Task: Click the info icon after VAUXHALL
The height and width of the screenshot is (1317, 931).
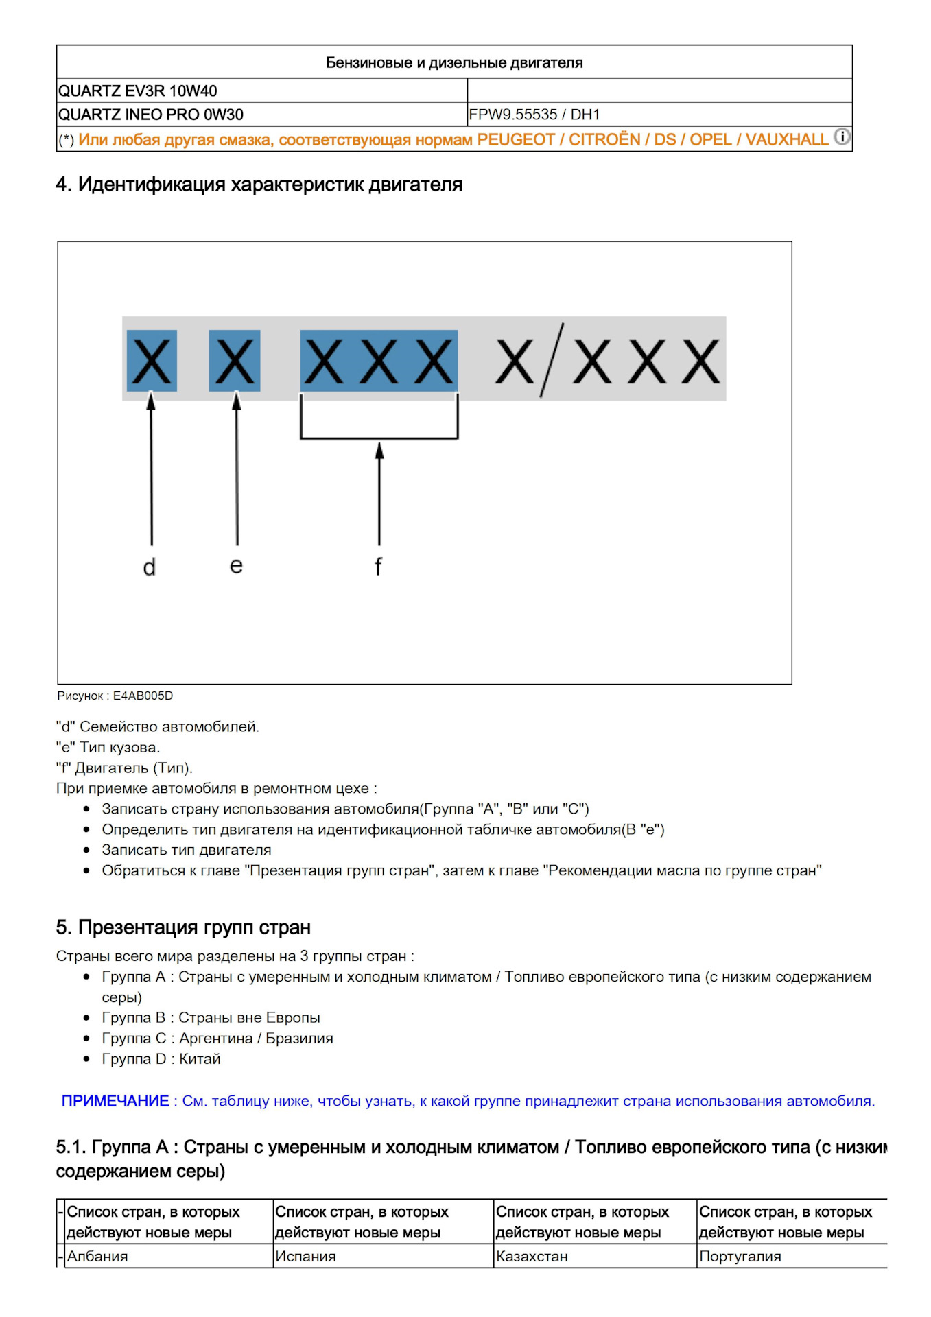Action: [x=842, y=137]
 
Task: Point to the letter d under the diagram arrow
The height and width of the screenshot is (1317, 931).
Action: [x=150, y=567]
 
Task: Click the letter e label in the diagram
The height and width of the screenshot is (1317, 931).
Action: [x=236, y=566]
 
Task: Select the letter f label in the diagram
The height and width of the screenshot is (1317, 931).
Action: [x=378, y=567]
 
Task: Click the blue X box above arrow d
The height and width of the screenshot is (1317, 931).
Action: [x=152, y=361]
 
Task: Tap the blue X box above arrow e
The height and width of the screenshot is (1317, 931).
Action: [x=235, y=361]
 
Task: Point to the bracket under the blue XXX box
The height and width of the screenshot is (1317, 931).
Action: [x=379, y=436]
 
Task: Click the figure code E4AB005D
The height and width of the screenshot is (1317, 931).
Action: [x=143, y=696]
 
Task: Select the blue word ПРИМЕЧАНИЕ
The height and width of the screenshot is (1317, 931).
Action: [x=115, y=1101]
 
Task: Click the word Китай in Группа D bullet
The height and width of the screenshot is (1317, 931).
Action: [x=200, y=1059]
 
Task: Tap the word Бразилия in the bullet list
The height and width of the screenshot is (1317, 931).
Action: [x=299, y=1039]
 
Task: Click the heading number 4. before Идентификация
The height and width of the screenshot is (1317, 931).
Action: [x=63, y=185]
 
